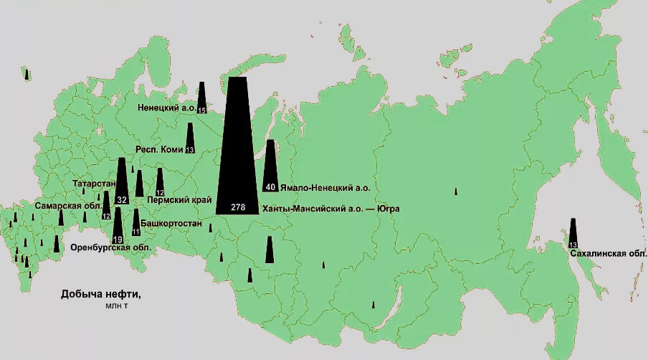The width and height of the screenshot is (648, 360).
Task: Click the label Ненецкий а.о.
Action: coord(167,108)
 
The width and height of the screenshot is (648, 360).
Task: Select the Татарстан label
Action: coord(94,184)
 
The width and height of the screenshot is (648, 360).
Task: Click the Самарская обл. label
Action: coord(67,206)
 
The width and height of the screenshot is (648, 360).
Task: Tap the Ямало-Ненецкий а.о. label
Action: coord(325,188)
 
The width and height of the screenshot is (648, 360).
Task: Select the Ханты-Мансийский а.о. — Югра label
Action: coord(330,209)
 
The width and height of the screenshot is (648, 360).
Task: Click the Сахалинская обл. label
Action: coord(609,254)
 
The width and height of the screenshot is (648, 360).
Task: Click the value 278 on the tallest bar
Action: coord(239,207)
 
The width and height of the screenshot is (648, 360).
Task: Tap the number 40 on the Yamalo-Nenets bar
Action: coord(270,187)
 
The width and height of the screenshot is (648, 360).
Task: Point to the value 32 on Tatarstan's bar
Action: coord(122,200)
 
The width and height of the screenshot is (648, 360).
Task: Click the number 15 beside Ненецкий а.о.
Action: coord(201,110)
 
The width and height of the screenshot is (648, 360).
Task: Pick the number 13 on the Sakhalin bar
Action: coord(573,246)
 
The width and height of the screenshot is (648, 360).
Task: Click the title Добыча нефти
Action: coord(100,294)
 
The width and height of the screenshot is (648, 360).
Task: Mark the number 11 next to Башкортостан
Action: coord(136,232)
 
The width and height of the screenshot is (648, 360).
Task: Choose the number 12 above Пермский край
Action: coord(160,193)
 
